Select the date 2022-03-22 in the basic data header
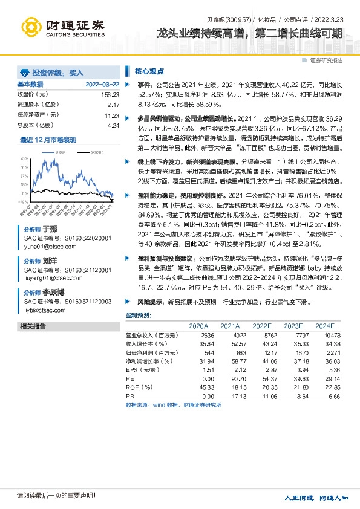point(102,85)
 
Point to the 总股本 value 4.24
point(113,125)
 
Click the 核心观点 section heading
point(149,70)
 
